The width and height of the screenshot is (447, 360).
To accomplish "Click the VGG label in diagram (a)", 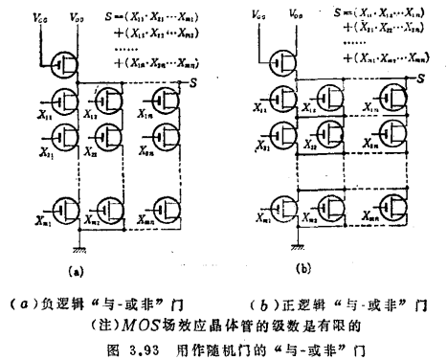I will [39, 16].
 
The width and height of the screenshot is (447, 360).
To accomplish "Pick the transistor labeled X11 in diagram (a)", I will [66, 101].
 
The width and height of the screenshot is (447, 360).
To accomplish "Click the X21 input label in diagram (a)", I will [43, 150].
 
